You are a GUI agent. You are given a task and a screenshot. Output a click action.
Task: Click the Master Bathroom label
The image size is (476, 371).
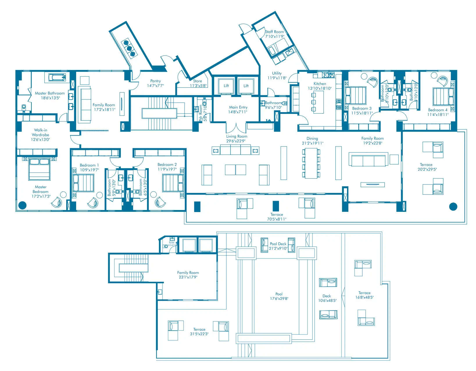(50, 93)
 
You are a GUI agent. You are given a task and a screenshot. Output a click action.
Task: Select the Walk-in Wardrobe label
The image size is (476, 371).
(40, 132)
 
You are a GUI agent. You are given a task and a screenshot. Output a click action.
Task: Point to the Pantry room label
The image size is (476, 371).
(155, 81)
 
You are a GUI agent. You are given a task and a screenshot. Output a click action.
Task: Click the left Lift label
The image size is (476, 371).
(226, 85)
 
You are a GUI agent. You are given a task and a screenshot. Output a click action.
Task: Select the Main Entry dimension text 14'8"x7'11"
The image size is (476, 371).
(238, 112)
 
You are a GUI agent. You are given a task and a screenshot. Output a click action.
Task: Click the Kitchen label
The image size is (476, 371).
(320, 84)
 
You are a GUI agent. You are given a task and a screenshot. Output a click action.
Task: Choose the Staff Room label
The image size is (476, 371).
(274, 32)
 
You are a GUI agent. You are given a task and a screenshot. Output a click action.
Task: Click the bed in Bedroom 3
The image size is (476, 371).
(356, 96)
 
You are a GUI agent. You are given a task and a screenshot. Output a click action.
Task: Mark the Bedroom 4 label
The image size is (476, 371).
(438, 110)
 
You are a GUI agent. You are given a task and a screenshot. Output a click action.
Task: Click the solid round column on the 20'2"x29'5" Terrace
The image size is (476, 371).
(453, 207)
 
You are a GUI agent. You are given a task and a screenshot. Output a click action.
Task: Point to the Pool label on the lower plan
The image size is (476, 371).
(279, 294)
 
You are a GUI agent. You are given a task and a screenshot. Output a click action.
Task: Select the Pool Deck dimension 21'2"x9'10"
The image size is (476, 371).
(278, 248)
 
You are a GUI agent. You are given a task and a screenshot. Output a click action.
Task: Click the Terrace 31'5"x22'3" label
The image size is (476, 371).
(199, 329)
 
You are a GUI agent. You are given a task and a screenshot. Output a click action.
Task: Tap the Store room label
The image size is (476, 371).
(197, 81)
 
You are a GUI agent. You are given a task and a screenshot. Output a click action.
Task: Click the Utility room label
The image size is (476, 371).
(277, 73)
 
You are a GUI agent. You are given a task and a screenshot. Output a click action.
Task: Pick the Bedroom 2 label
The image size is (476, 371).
(167, 164)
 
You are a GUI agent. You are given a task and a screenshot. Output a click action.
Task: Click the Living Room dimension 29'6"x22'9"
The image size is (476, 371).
(237, 141)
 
